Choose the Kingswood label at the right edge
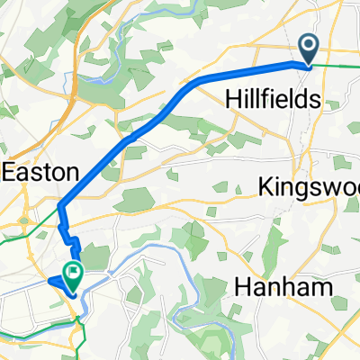(x=308, y=186)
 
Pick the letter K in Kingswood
(x=264, y=186)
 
